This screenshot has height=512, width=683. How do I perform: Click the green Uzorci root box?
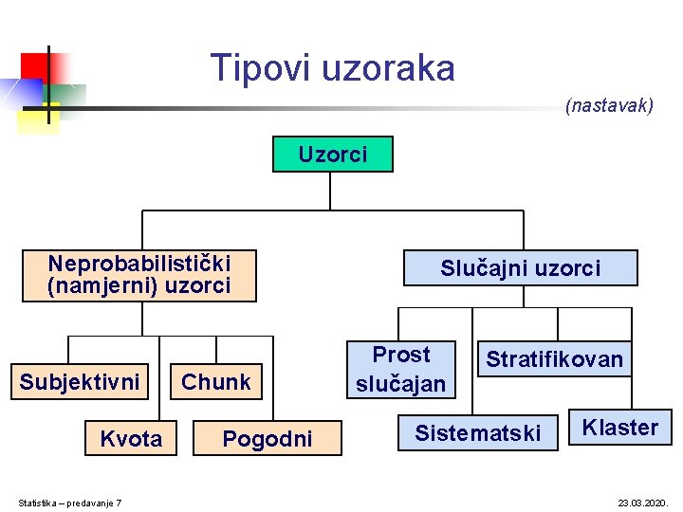332,155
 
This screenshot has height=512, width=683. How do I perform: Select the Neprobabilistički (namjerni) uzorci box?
139,275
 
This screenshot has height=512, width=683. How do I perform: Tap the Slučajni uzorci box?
520,268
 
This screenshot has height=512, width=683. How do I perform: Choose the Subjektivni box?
80,382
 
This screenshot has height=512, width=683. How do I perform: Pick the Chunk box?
216,382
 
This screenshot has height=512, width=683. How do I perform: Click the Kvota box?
131,438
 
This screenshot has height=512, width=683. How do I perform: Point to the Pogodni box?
267,438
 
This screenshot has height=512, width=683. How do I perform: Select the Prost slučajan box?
400,369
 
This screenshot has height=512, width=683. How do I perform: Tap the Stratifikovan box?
554,359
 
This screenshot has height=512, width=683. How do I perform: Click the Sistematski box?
477,433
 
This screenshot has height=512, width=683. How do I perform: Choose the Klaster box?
619,428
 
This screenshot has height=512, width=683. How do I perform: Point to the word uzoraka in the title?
389,68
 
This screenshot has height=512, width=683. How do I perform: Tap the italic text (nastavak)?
609,106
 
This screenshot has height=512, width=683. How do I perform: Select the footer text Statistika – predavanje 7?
70,503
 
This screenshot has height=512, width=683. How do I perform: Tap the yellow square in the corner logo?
38,118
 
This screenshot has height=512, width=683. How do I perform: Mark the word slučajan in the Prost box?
400,383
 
